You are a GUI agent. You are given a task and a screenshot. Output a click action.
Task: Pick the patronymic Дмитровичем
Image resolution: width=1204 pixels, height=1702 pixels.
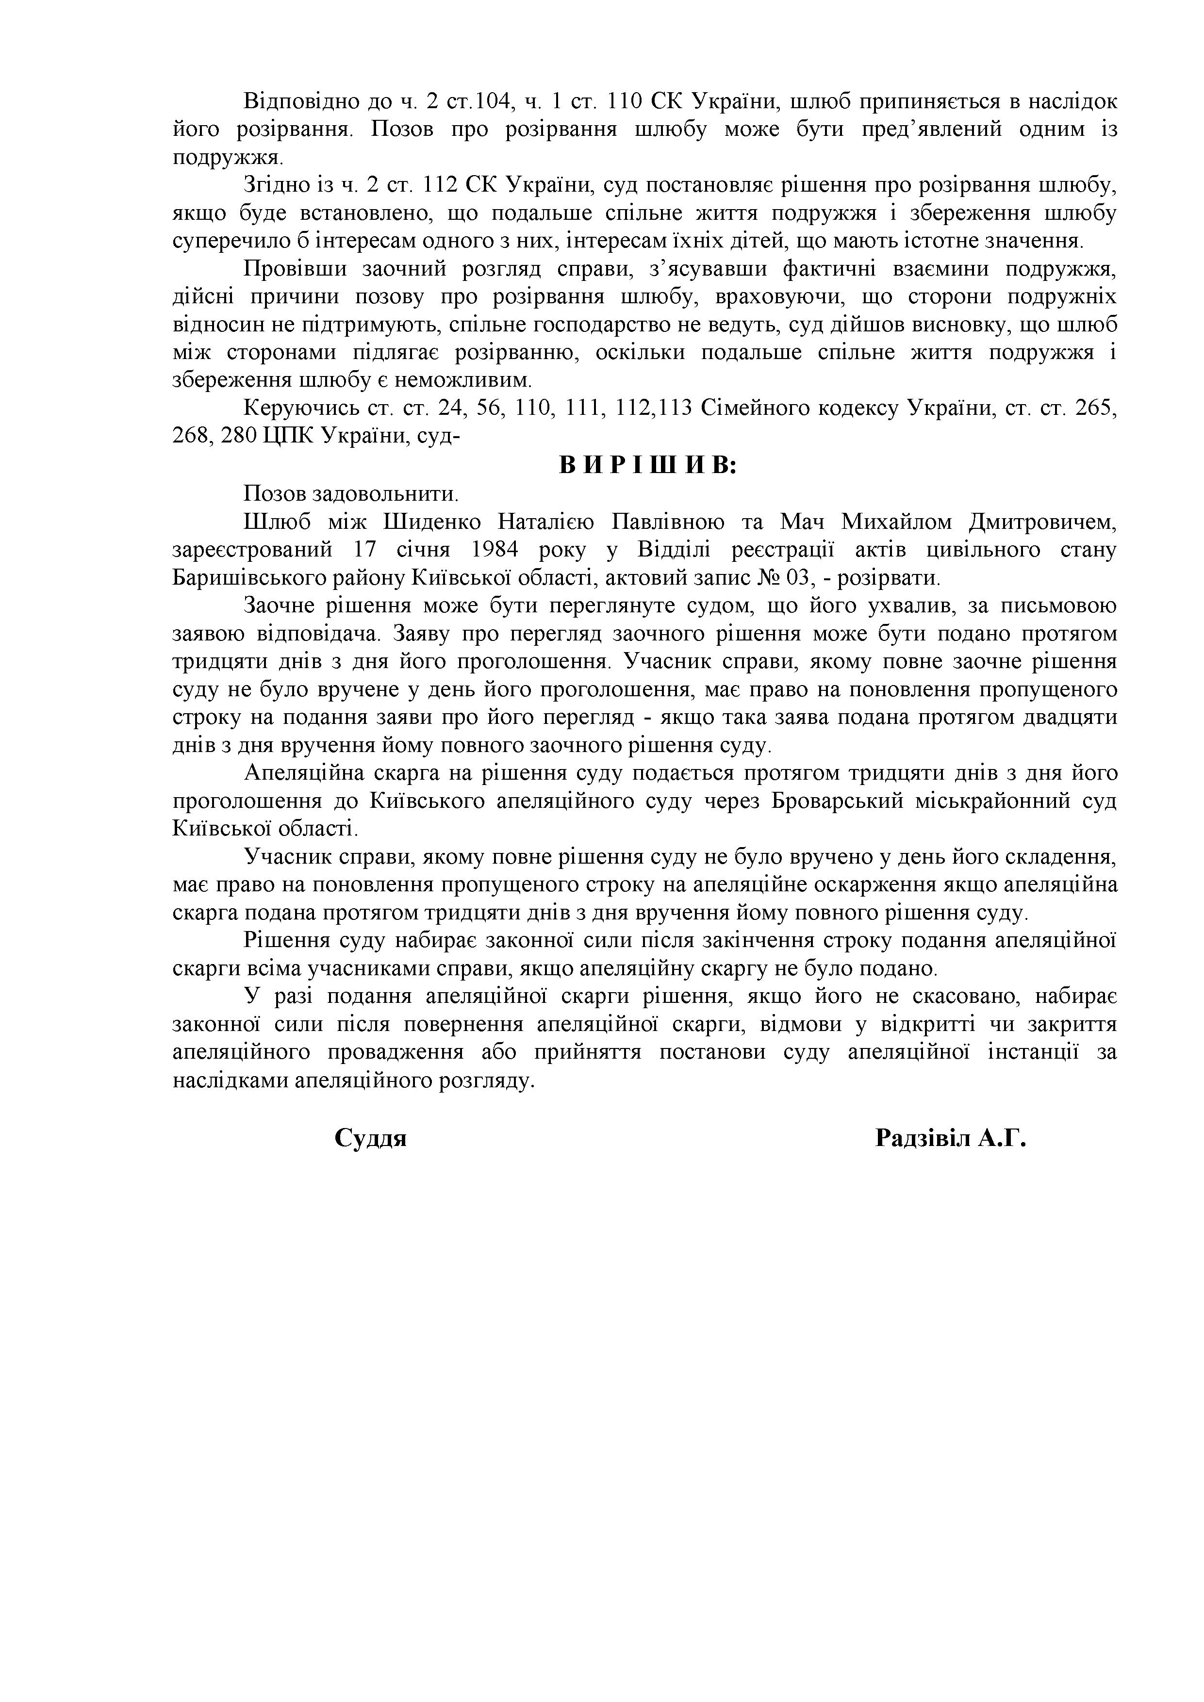click(1041, 522)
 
